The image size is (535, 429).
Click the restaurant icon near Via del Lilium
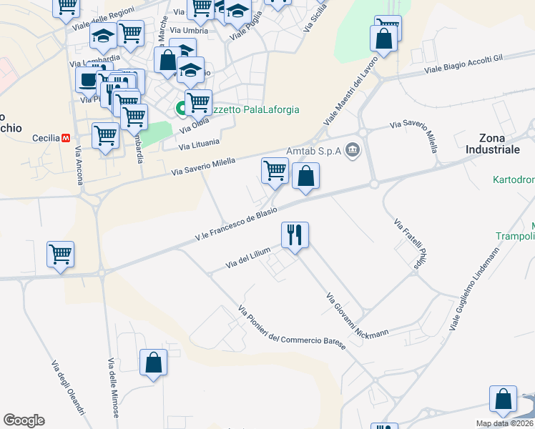click(295, 234)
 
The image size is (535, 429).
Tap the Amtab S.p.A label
click(313, 151)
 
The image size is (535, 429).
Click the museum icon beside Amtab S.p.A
click(352, 150)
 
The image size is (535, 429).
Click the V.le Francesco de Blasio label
click(236, 225)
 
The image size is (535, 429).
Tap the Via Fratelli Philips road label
click(405, 244)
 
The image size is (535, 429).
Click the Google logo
click(24, 420)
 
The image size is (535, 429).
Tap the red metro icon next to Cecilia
click(66, 137)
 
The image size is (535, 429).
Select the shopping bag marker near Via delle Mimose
click(154, 363)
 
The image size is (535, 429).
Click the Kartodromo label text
click(514, 179)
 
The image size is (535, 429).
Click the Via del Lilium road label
click(248, 258)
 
